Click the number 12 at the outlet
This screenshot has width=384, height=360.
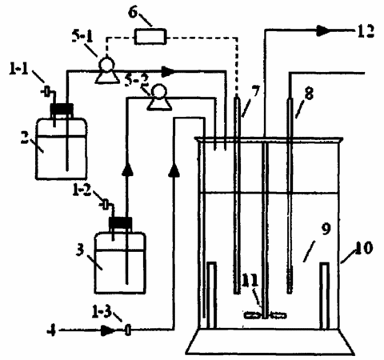pyautogui.click(x=366, y=31)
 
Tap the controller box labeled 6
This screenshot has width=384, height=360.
pyautogui.click(x=150, y=37)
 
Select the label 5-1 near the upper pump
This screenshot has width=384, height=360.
pyautogui.click(x=82, y=36)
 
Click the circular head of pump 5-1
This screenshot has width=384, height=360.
pyautogui.click(x=106, y=65)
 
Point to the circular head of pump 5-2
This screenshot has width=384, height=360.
pyautogui.click(x=159, y=91)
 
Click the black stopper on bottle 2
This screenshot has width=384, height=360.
pyautogui.click(x=62, y=108)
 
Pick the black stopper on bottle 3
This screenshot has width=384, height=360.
pyautogui.click(x=120, y=222)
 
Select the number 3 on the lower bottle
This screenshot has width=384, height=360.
pyautogui.click(x=80, y=250)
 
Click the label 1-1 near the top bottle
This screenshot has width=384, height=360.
pyautogui.click(x=19, y=69)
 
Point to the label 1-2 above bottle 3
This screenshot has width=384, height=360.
pyautogui.click(x=82, y=190)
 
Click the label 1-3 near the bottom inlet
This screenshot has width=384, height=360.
pyautogui.click(x=102, y=311)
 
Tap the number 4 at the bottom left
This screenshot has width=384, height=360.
pyautogui.click(x=51, y=331)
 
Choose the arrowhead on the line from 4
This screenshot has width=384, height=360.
pyautogui.click(x=107, y=331)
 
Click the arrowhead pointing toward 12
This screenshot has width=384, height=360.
pyautogui.click(x=323, y=30)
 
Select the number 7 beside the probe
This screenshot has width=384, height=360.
pyautogui.click(x=255, y=91)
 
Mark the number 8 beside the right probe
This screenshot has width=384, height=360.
pyautogui.click(x=309, y=94)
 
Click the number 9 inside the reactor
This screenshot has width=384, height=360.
pyautogui.click(x=326, y=229)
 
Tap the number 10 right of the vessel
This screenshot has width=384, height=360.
pyautogui.click(x=363, y=247)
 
